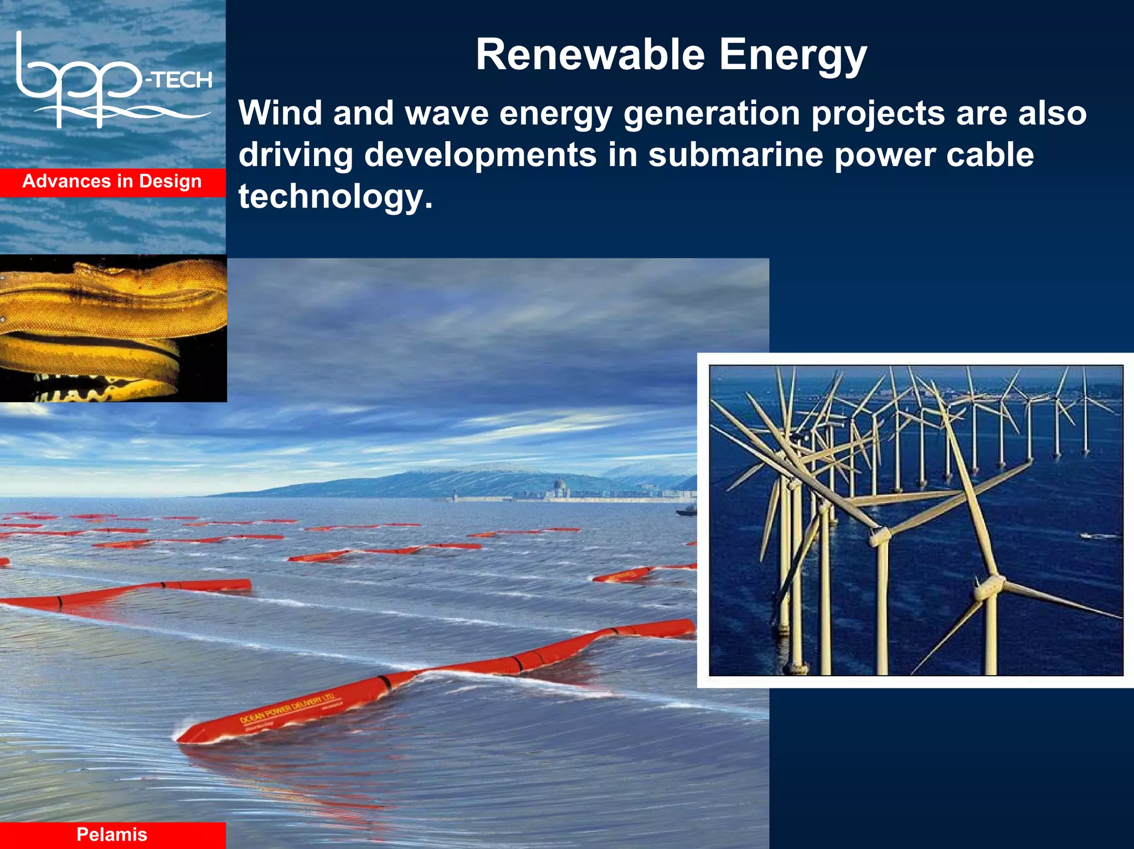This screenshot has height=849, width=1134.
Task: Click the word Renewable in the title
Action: coord(590,55)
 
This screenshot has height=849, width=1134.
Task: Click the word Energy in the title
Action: coord(792,55)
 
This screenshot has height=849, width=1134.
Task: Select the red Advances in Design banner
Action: coord(112,182)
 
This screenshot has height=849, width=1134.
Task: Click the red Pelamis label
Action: coord(112,834)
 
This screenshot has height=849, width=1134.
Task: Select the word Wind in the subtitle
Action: coord(280,113)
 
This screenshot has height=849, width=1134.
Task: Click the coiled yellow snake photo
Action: coord(113,328)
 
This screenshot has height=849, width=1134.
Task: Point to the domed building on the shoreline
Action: coord(559,488)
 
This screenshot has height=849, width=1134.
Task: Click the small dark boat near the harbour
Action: coord(686,511)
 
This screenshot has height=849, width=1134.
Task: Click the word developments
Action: coord(480,154)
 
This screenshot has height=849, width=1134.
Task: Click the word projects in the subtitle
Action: coord(878,113)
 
